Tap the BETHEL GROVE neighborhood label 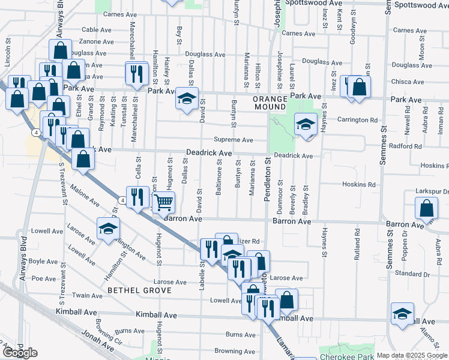click(139, 290)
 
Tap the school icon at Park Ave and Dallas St click(187, 98)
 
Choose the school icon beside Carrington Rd click(306, 124)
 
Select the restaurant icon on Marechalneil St click(136, 73)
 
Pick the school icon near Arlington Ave click(109, 228)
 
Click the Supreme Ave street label click(234, 140)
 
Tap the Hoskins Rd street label click(359, 185)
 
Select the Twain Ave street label click(88, 295)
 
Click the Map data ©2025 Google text click(411, 355)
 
